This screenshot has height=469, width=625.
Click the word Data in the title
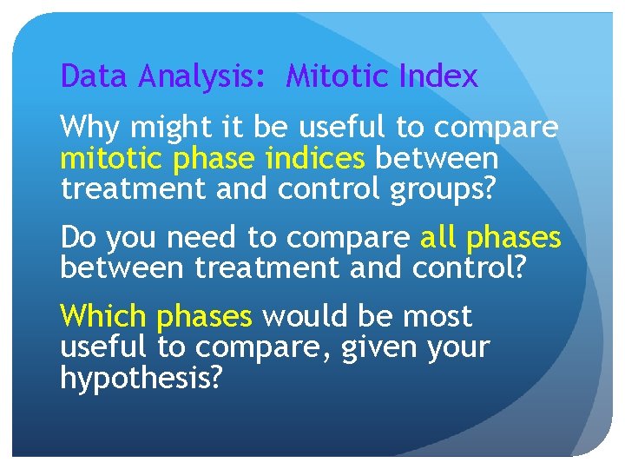click(89, 77)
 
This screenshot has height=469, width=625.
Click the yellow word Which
click(103, 316)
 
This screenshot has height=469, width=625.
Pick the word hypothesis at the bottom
click(141, 379)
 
